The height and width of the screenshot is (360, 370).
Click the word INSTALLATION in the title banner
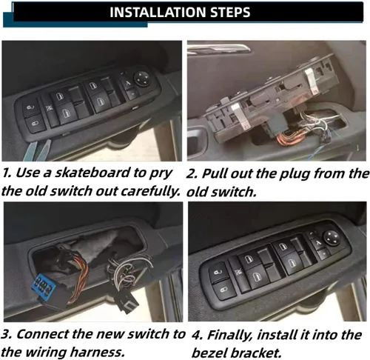(x=158, y=12)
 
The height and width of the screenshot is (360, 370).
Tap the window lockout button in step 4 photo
(x=238, y=272)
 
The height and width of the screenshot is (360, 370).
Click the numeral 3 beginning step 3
(x=5, y=335)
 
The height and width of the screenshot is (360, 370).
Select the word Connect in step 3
(x=43, y=335)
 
